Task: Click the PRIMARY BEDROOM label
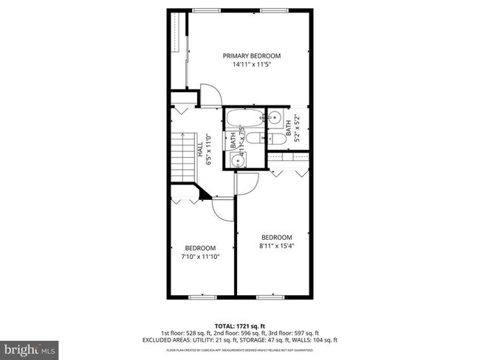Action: click(253, 55)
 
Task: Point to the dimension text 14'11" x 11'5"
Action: click(253, 65)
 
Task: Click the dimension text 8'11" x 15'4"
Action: click(277, 246)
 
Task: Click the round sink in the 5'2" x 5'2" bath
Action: click(275, 116)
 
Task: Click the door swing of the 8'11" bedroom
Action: click(246, 182)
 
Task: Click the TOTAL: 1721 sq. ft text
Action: click(241, 325)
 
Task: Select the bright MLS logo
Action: click(30, 347)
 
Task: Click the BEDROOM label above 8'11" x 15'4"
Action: click(277, 237)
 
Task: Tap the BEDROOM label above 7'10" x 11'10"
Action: click(199, 248)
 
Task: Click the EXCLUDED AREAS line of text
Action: click(241, 339)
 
